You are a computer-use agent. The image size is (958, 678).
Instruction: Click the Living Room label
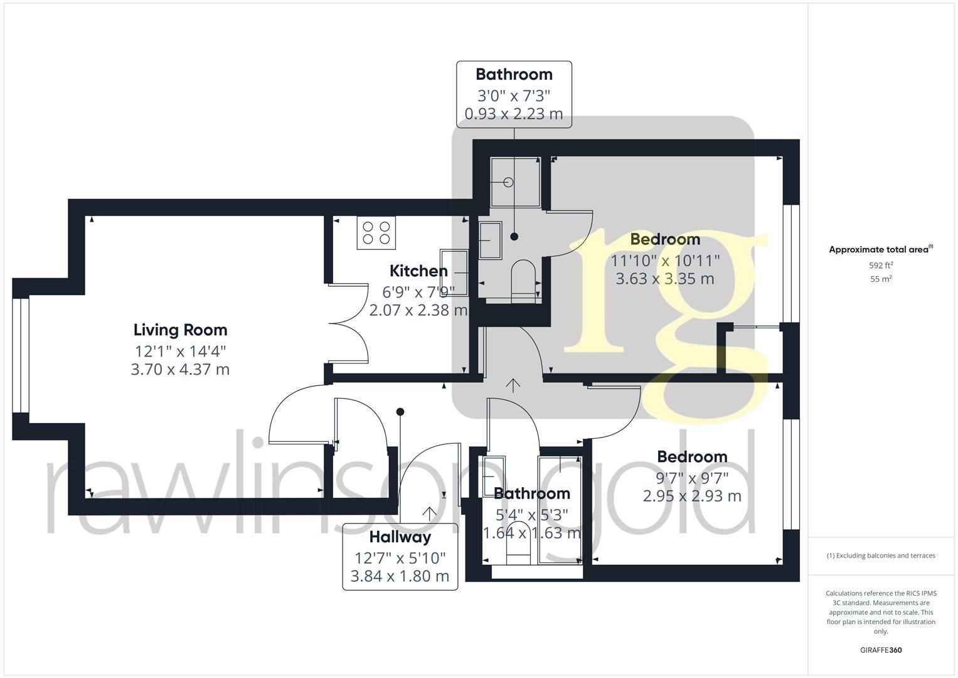180,330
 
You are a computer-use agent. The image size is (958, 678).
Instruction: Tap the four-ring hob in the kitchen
376,233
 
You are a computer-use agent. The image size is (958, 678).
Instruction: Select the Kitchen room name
418,271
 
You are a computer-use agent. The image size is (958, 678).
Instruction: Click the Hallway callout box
400,556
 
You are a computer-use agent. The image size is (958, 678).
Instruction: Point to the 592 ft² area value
881,266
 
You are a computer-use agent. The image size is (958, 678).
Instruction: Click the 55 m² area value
881,279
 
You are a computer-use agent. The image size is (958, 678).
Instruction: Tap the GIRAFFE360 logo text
880,650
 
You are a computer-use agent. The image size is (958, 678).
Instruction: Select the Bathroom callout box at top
514,94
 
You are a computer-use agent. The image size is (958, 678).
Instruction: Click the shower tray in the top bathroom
515,182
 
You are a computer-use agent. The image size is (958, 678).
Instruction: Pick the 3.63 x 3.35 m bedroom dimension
665,279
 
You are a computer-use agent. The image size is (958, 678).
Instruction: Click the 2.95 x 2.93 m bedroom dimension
692,496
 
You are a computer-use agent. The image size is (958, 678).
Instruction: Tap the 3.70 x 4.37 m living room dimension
180,370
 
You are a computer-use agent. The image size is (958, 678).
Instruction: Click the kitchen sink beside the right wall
454,272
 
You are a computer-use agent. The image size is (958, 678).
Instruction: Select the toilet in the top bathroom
523,280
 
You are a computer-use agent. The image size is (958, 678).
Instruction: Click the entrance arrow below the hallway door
429,513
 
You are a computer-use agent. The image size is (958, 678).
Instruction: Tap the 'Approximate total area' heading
880,250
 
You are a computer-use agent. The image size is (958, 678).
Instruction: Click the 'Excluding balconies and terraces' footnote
881,556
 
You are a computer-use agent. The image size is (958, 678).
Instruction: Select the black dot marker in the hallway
400,412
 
